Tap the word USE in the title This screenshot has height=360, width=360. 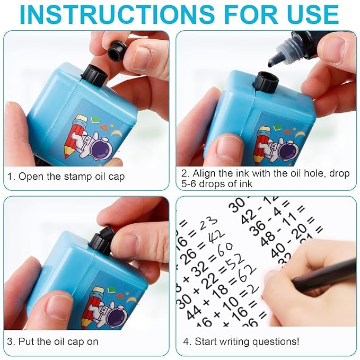(310, 15)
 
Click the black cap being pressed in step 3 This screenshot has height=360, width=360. (101, 239)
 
